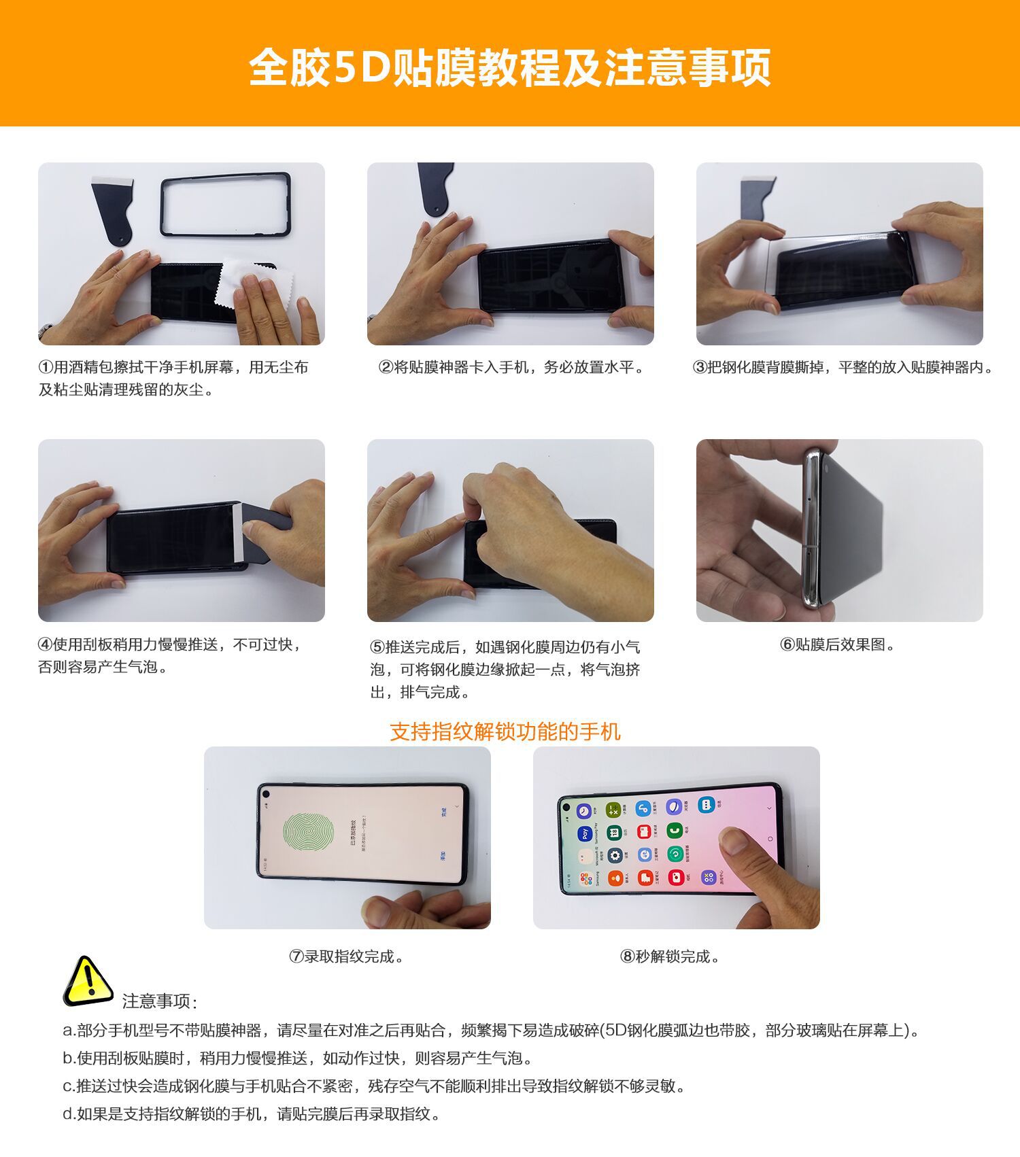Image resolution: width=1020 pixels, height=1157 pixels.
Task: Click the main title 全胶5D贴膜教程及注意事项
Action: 509,67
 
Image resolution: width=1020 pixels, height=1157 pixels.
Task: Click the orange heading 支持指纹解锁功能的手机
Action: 505,731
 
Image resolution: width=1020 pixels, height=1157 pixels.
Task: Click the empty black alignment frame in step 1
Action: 226,205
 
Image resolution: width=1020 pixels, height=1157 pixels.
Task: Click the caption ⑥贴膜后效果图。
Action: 838,644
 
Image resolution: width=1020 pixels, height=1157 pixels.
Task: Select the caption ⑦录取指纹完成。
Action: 347,956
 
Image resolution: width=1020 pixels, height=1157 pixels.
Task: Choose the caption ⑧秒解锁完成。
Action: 670,956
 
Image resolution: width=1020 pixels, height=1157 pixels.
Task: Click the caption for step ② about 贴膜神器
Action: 511,368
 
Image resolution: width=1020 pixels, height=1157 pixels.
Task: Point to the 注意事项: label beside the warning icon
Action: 160,1001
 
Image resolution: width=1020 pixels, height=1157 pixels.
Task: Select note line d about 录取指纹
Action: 252,1114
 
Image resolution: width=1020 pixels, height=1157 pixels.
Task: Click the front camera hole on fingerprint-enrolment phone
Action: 265,794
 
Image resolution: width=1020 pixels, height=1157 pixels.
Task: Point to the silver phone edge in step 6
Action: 811,530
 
